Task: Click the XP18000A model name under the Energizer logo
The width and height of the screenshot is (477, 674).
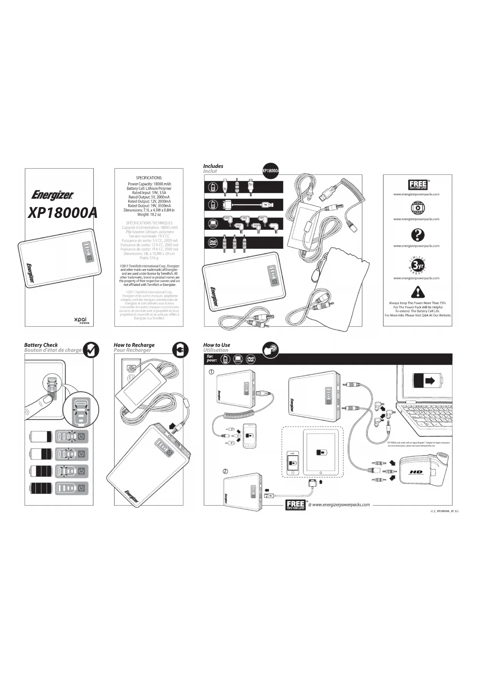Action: [63, 212]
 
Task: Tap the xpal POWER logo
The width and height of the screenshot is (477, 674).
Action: [82, 320]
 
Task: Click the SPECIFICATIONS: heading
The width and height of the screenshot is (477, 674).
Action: [149, 178]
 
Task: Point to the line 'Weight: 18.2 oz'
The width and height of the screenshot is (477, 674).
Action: [149, 214]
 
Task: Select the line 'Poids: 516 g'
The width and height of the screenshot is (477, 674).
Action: [149, 258]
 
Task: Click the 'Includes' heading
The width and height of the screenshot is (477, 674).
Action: [213, 166]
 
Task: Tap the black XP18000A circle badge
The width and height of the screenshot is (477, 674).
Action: [271, 171]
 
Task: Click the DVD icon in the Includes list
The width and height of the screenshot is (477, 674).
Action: [213, 242]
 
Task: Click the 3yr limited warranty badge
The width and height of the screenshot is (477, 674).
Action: [417, 266]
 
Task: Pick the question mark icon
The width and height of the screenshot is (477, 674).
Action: [417, 235]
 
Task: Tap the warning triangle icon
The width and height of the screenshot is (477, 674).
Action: [417, 293]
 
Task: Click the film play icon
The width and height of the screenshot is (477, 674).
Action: [417, 208]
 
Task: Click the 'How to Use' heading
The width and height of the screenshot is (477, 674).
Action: [216, 345]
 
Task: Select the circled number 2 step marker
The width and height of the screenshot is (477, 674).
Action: [226, 471]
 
